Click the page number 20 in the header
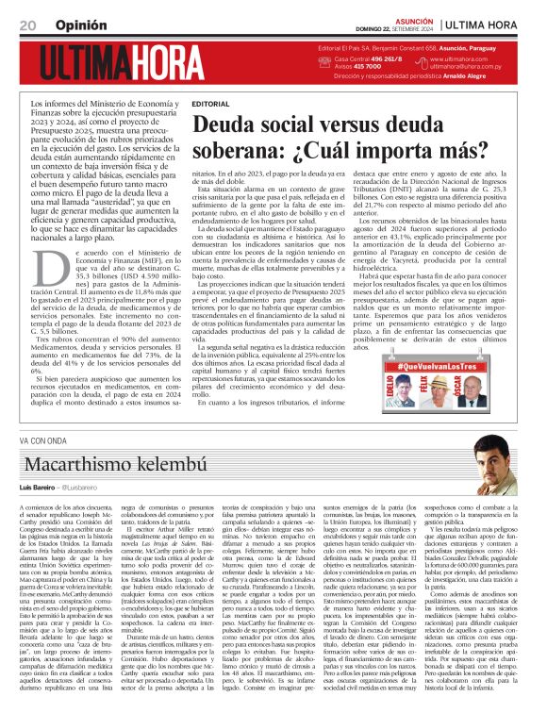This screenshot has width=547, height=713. coord(27,24)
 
